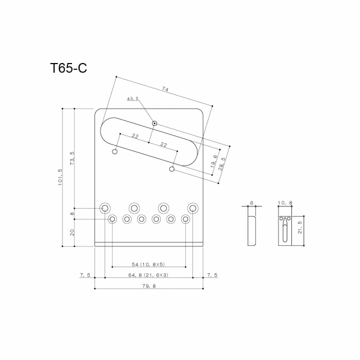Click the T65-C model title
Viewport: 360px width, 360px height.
point(68,69)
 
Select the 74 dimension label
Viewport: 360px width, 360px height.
point(165,88)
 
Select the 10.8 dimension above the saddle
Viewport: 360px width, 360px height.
point(285,202)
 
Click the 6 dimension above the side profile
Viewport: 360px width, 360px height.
point(252,202)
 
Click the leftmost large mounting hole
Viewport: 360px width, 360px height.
point(105,208)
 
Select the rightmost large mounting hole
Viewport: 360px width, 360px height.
point(193,208)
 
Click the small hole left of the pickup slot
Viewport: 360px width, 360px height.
point(115,151)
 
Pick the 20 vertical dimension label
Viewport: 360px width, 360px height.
point(71,233)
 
